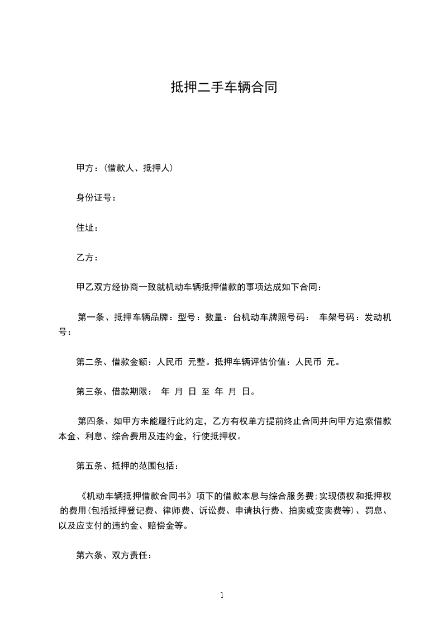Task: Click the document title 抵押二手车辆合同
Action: coord(224,88)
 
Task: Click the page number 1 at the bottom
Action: coord(222,595)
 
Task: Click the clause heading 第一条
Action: coord(91,317)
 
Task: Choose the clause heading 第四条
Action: coord(91,421)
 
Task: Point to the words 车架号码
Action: coord(336,317)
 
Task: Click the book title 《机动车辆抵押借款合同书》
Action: coord(137,496)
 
